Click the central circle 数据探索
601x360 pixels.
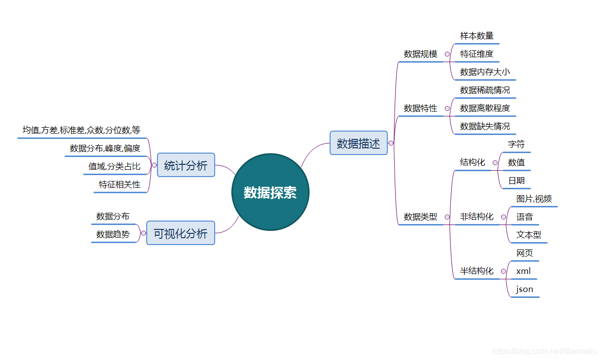(x=270, y=192)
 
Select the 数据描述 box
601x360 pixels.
(x=358, y=143)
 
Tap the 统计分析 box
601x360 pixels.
(x=186, y=165)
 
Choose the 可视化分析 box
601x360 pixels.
(x=180, y=233)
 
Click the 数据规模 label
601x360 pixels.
(x=421, y=54)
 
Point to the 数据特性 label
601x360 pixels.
(x=421, y=108)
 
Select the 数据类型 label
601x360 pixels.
(x=421, y=217)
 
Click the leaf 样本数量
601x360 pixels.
(x=477, y=36)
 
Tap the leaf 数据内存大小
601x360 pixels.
(x=485, y=72)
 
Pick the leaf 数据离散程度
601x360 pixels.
(x=485, y=108)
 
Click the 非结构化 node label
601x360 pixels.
(x=477, y=217)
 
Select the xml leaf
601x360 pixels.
(x=523, y=271)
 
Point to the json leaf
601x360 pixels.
(x=525, y=289)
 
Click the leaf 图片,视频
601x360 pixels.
(x=534, y=199)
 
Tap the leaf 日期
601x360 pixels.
(x=516, y=180)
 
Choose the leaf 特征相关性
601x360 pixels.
(x=119, y=184)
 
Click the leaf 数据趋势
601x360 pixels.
(x=113, y=234)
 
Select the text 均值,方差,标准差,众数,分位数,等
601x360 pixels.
(x=81, y=130)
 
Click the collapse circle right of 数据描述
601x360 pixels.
(x=391, y=143)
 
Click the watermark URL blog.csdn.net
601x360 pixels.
(x=545, y=351)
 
